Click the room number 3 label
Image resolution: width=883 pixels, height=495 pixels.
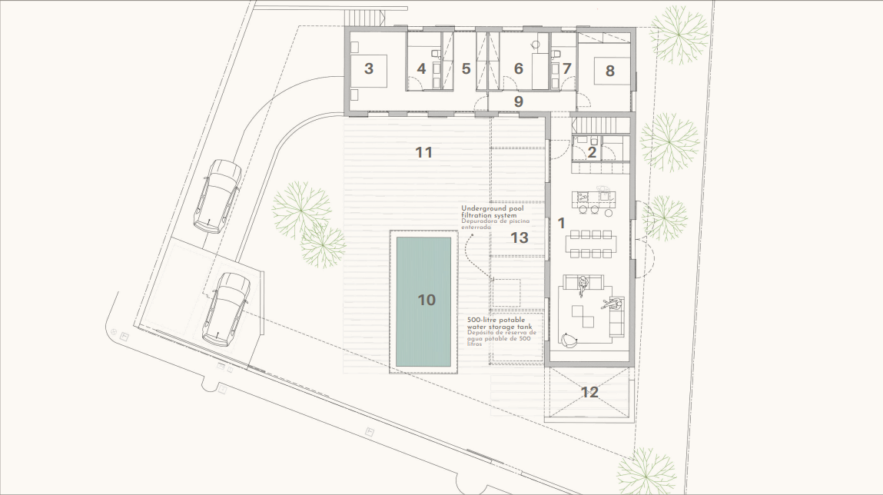368,68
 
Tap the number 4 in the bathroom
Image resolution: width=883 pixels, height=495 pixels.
421,68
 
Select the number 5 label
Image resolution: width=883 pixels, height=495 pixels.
466,68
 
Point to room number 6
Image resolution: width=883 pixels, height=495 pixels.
519,68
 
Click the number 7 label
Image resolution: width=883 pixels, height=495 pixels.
566,68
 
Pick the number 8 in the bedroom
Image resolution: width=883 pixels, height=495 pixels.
610,71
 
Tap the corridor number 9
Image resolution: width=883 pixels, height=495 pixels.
519,101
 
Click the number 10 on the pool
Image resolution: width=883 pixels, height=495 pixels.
427,300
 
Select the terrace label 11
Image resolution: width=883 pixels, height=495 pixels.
423,152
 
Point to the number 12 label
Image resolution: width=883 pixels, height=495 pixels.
589,392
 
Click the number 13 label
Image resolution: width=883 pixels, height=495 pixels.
520,238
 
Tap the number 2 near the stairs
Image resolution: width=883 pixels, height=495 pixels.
592,152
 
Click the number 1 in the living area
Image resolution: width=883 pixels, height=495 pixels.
561,223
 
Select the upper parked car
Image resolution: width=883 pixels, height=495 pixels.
217,196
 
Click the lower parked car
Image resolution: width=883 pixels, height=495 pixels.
226,308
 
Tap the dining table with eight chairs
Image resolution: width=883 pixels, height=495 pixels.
591,244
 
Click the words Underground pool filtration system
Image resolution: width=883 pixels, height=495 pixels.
492,211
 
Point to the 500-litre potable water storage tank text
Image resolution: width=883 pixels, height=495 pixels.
500,324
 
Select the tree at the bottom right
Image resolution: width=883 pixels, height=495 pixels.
646,470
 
